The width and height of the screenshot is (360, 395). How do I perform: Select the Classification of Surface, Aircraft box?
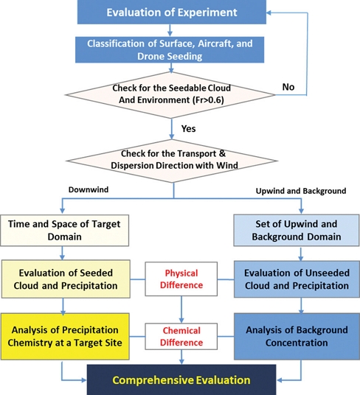[172, 49]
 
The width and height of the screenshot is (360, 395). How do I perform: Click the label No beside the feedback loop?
[289, 86]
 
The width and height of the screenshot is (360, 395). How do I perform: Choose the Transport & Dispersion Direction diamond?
[172, 159]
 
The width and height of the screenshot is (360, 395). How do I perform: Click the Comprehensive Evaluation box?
[180, 380]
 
